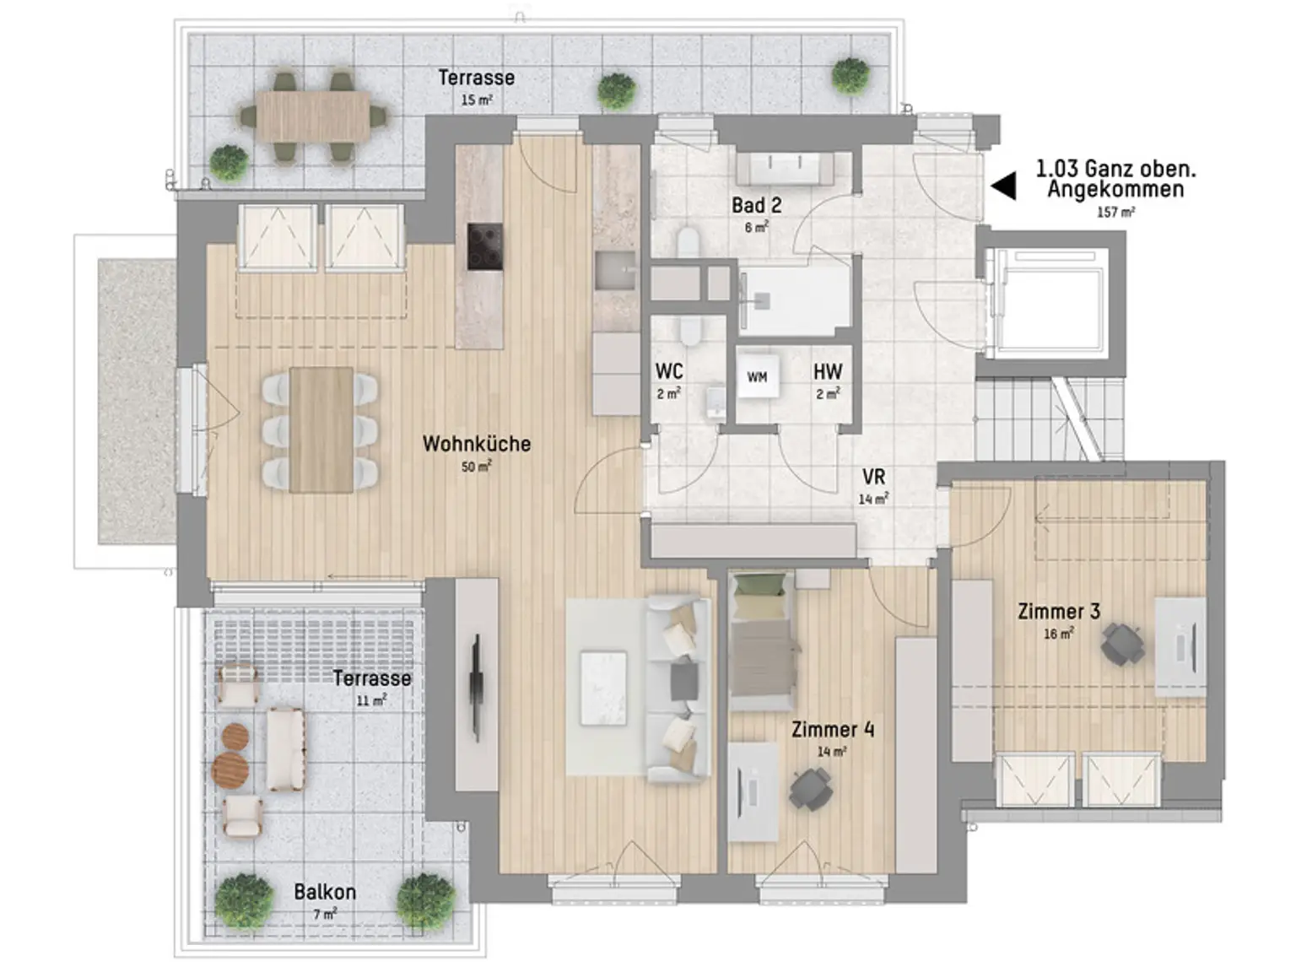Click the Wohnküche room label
click(x=477, y=444)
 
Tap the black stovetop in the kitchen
click(x=485, y=246)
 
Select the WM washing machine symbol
click(x=757, y=376)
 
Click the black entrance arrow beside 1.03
click(x=1003, y=186)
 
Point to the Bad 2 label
click(x=756, y=205)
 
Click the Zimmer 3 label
click(x=1059, y=612)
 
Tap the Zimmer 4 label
click(x=833, y=730)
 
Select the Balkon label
click(x=325, y=892)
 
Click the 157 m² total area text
click(x=1116, y=212)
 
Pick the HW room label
click(x=828, y=372)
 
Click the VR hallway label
click(x=873, y=477)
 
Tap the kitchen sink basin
click(x=614, y=270)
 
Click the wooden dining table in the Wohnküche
click(x=321, y=429)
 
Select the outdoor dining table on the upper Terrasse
click(x=315, y=116)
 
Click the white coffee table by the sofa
click(x=603, y=688)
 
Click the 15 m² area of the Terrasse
click(x=477, y=100)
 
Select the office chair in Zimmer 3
click(x=1122, y=645)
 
